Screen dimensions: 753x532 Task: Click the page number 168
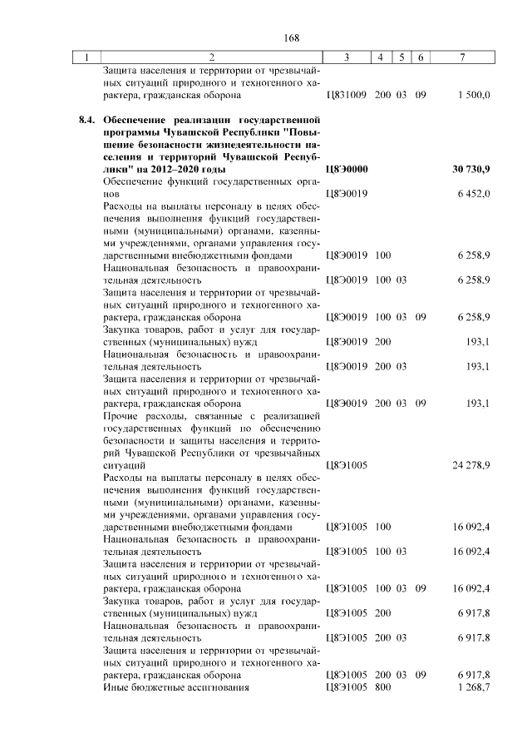tap(291, 37)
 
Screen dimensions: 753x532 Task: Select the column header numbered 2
tap(211, 57)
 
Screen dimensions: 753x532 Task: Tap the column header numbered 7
tap(462, 57)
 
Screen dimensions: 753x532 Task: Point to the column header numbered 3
tap(346, 57)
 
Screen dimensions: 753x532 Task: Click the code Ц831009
tap(347, 96)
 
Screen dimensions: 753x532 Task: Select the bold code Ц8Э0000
tap(347, 169)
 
